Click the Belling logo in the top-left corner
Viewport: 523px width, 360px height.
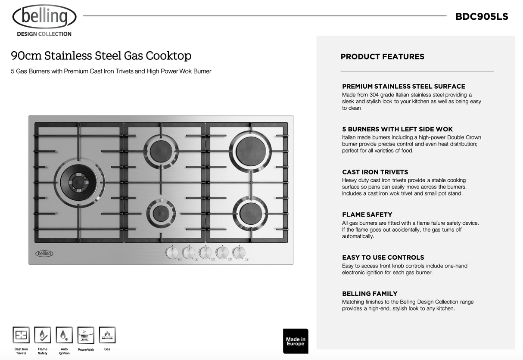pyautogui.click(x=44, y=18)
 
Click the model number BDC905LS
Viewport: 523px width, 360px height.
pyautogui.click(x=482, y=17)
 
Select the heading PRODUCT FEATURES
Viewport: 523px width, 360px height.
pyautogui.click(x=382, y=56)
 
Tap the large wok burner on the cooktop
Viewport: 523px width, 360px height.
pyautogui.click(x=79, y=182)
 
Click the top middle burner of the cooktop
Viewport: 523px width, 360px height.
pyautogui.click(x=161, y=151)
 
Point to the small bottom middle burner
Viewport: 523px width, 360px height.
pyautogui.click(x=161, y=213)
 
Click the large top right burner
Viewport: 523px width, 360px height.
pyautogui.click(x=251, y=151)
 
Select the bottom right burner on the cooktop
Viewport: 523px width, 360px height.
pyautogui.click(x=250, y=214)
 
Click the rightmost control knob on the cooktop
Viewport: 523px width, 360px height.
pyautogui.click(x=239, y=252)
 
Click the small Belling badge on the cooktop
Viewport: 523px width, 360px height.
pyautogui.click(x=44, y=254)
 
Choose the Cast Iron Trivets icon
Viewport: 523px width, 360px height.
pyautogui.click(x=21, y=335)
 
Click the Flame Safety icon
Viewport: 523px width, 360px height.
pyautogui.click(x=43, y=335)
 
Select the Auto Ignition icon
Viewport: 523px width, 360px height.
pyautogui.click(x=64, y=335)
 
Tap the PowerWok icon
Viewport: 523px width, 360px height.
pyautogui.click(x=86, y=335)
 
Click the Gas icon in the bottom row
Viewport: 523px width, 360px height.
pyautogui.click(x=107, y=335)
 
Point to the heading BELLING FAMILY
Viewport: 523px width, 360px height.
pyautogui.click(x=370, y=294)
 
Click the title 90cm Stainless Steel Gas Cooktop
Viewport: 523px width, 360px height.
pyautogui.click(x=101, y=56)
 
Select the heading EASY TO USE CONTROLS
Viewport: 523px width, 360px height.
pyautogui.click(x=383, y=258)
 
